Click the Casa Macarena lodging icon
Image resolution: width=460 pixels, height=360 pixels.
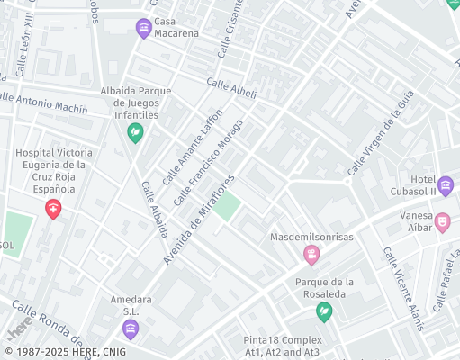[x=143, y=29]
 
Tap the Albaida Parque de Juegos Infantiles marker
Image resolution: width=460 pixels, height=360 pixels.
[x=135, y=134]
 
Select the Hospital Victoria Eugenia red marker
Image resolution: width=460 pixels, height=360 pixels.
[x=54, y=210]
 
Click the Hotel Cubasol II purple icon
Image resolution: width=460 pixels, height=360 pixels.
[x=446, y=186]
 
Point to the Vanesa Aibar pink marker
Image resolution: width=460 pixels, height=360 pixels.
[x=442, y=221]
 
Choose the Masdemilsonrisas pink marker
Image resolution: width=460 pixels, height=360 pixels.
[x=311, y=256]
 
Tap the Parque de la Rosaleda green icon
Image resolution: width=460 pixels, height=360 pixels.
[x=324, y=311]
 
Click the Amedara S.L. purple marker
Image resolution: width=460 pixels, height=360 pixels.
[x=131, y=328]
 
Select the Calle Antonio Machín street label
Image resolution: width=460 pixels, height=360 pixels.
[x=46, y=103]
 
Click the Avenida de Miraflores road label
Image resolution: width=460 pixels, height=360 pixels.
[x=199, y=219]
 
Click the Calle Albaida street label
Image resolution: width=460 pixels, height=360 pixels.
[x=154, y=209]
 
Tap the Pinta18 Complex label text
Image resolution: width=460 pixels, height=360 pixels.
[x=282, y=340]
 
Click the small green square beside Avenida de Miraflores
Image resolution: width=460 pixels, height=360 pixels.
[x=227, y=205]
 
